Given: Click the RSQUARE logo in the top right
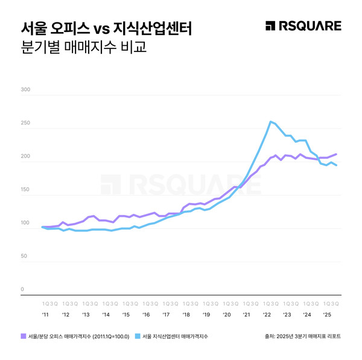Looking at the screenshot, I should click(303, 26).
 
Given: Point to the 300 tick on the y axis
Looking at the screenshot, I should click(25, 90).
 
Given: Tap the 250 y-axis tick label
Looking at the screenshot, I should click(25, 123).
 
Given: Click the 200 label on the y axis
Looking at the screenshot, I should click(25, 156).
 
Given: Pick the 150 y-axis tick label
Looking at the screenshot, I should click(25, 190).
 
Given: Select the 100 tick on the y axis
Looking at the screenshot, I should click(25, 223).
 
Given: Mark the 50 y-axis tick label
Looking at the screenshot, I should click(24, 256).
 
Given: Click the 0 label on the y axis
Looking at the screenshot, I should click(22, 289).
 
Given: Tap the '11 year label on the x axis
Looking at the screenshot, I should click(45, 315).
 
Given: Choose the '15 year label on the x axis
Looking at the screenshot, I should click(125, 315).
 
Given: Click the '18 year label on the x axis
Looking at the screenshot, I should click(186, 315).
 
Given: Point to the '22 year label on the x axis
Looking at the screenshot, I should click(266, 315).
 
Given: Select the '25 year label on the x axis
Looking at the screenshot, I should click(326, 315).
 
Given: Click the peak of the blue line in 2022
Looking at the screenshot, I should click(270, 121).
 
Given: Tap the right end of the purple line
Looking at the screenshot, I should click(336, 154).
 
